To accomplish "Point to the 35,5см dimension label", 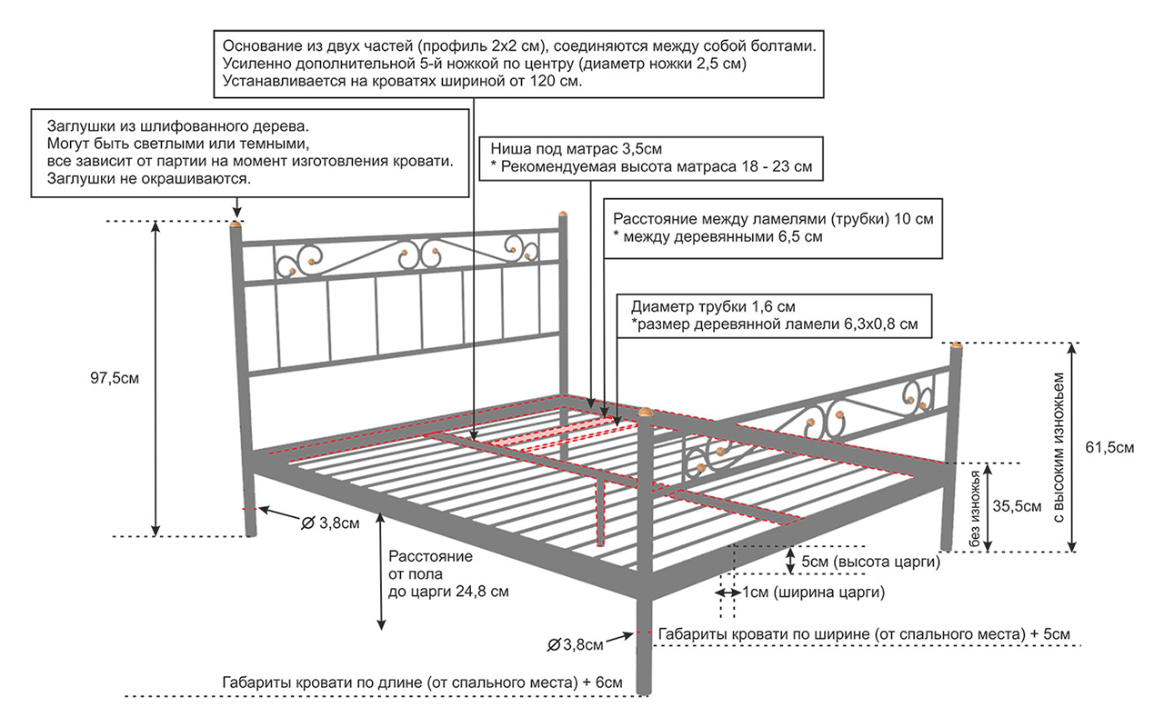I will pyautogui.click(x=1017, y=506).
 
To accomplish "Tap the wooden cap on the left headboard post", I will pyautogui.click(x=236, y=222).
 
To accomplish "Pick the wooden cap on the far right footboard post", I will pyautogui.click(x=956, y=345).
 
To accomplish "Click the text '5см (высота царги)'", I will pyautogui.click(x=870, y=563).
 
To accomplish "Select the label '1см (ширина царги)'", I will pyautogui.click(x=814, y=593).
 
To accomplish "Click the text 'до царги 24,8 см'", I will pyautogui.click(x=448, y=591).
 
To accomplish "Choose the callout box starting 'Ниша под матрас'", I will pyautogui.click(x=651, y=158).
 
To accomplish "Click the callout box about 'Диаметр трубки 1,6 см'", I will pyautogui.click(x=775, y=314).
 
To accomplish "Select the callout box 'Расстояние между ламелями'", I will pyautogui.click(x=773, y=228).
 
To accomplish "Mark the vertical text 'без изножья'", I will pyautogui.click(x=976, y=508).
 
